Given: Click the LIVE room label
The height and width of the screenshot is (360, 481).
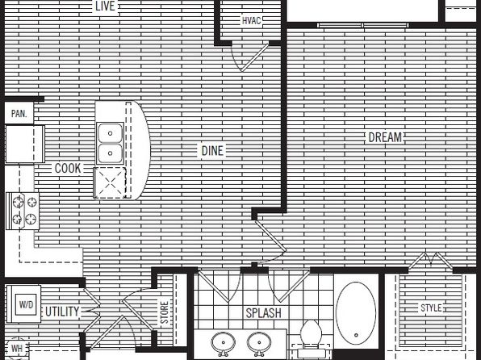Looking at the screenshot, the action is (105, 6).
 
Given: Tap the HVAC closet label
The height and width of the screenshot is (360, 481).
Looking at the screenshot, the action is (251, 20).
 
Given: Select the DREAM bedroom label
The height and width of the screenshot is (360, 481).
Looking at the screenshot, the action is (385, 137).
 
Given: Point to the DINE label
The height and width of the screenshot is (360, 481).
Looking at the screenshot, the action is (212, 151).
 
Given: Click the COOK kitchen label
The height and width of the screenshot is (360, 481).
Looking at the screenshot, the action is (68, 168).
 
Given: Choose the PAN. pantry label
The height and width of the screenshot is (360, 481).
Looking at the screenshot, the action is (19, 114).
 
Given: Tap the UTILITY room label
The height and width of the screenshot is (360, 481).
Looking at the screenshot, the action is (62, 312).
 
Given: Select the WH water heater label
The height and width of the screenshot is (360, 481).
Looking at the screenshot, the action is (17, 349).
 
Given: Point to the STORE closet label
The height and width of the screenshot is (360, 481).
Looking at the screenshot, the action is (165, 312).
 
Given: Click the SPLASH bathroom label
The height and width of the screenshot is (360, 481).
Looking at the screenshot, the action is (264, 313).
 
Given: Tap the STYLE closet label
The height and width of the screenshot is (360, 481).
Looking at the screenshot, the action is (431, 308).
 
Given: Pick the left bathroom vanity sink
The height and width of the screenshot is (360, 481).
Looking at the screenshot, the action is (224, 343).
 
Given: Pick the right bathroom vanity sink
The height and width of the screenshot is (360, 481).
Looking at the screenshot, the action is (259, 343).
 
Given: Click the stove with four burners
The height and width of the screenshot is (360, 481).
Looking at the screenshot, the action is (23, 211).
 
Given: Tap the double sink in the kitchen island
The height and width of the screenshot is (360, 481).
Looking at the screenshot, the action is (110, 143).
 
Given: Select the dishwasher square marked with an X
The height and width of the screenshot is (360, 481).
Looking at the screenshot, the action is (110, 183).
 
